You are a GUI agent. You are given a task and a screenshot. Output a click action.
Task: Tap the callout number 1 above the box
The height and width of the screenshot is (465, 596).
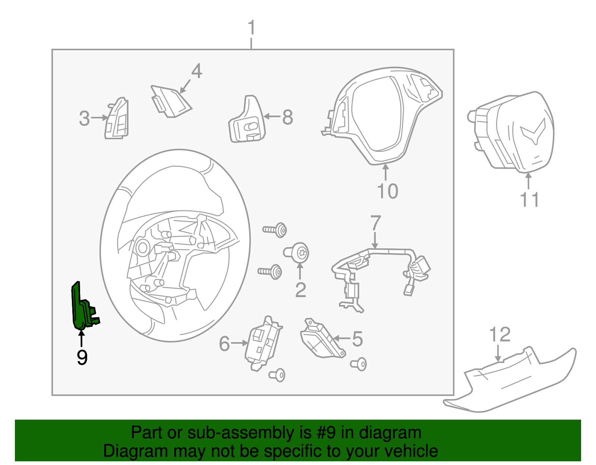pos(252,28)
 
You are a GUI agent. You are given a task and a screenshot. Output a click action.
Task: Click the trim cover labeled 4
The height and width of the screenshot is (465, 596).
pos(169,101)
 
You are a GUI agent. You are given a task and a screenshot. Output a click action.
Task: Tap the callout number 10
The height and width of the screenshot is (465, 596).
pos(387,191)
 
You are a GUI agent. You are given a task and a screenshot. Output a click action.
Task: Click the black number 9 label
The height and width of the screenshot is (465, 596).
pos(82,357)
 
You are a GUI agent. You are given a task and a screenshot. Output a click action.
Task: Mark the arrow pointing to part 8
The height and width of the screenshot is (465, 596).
pos(272,117)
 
